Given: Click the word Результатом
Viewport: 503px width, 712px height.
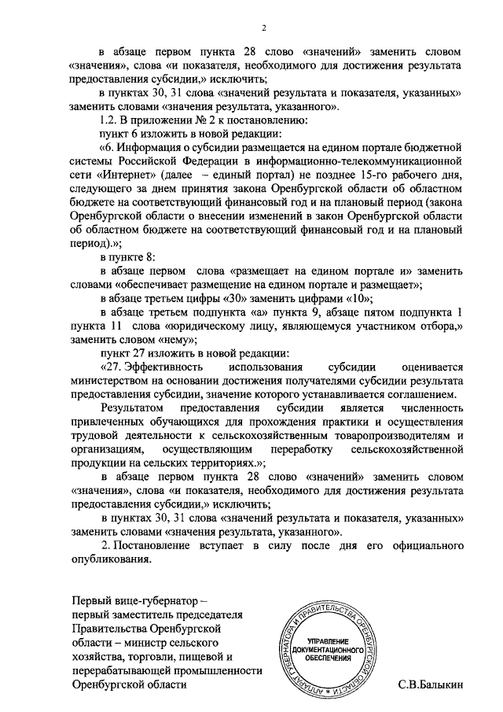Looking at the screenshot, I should (x=132, y=409).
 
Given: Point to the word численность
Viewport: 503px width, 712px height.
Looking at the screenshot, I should (x=430, y=409).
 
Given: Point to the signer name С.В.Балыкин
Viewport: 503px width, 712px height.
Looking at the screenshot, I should (x=432, y=684).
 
